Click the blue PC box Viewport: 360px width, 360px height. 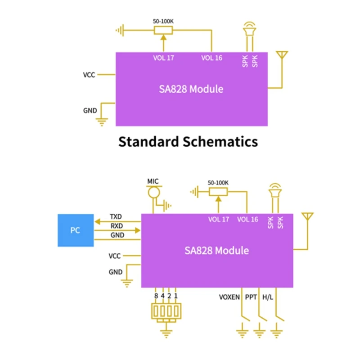(x=76, y=230)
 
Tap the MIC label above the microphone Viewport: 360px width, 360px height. (x=153, y=181)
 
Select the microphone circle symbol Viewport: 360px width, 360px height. (x=154, y=192)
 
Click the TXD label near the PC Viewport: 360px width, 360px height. (x=116, y=216)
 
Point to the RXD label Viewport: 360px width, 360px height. (x=117, y=226)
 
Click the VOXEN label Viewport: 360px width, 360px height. (x=229, y=297)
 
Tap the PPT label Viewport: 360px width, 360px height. (x=251, y=297)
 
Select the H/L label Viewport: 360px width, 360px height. (x=268, y=297)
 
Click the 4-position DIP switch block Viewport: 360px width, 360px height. (x=166, y=311)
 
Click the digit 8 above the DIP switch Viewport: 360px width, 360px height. (x=156, y=296)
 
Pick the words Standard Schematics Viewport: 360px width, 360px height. (x=188, y=142)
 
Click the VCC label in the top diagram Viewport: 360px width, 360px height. (x=89, y=75)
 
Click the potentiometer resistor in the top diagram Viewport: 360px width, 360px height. (x=163, y=30)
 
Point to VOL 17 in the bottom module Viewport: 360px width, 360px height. (x=219, y=220)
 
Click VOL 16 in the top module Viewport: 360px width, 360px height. (x=211, y=58)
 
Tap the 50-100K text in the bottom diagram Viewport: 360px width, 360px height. (x=218, y=183)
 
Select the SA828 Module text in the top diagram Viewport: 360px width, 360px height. (x=191, y=89)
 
